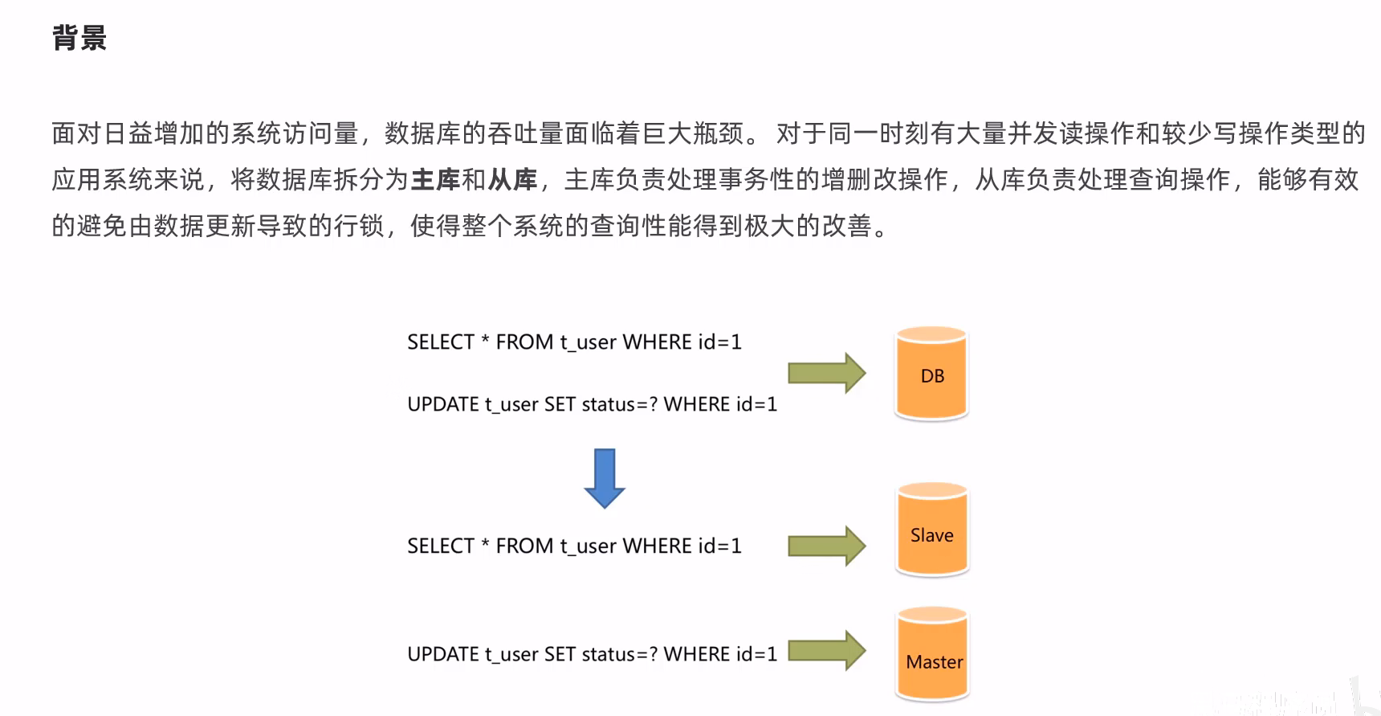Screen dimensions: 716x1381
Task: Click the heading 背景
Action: click(79, 38)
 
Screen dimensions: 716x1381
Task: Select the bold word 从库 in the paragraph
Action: click(512, 179)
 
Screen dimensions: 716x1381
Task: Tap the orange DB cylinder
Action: click(931, 374)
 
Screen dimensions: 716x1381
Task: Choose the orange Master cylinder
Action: click(933, 654)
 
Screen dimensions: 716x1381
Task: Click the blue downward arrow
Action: click(604, 478)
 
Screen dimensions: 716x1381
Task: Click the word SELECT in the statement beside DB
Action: click(441, 342)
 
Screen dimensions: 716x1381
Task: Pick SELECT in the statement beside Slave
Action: click(441, 546)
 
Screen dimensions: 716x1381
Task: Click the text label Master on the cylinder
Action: click(934, 662)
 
